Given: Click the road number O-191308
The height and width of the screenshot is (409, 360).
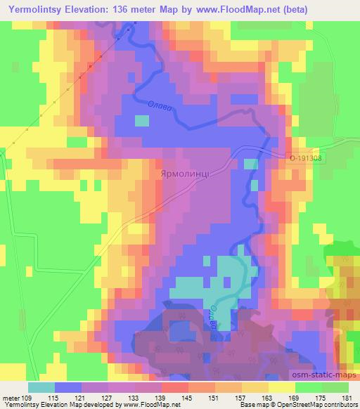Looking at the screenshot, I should coord(306,160).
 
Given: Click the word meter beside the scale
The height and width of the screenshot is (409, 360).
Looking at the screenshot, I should coord(11,398).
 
